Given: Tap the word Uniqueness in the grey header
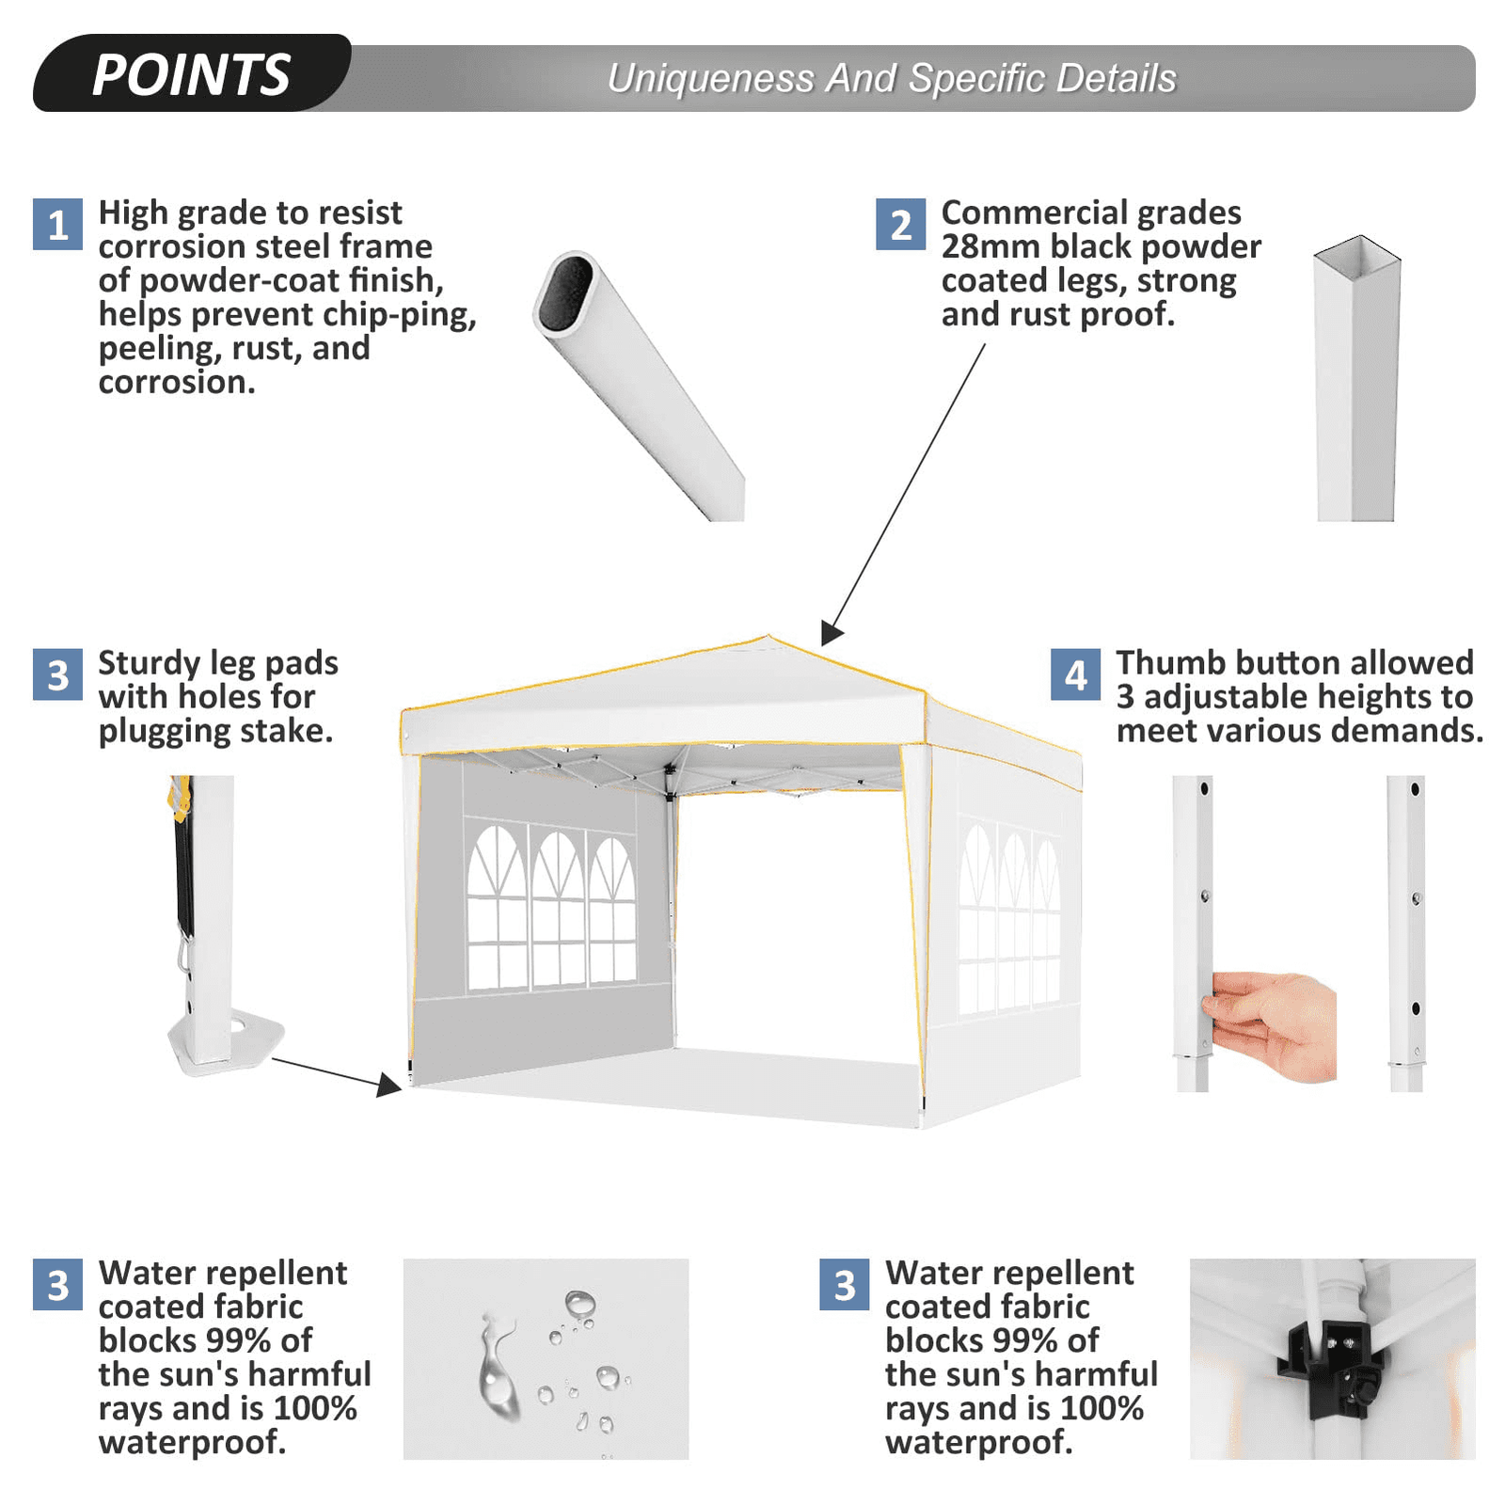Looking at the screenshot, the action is click(x=710, y=78).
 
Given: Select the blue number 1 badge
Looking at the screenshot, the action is click(x=57, y=224).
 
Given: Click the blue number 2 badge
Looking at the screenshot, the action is click(x=900, y=224).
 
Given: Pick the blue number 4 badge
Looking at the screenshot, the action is click(x=1075, y=674).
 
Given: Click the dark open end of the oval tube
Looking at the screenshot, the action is click(x=566, y=290).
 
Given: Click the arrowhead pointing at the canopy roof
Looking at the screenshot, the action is click(x=831, y=632).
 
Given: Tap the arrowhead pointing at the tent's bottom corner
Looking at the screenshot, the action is click(x=389, y=1085).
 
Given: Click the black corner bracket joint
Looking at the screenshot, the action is click(x=1330, y=1360).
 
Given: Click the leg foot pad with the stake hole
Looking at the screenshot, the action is click(x=225, y=1042).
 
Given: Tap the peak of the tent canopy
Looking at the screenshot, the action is click(x=768, y=637).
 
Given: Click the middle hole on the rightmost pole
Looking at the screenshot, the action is click(x=1417, y=899).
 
